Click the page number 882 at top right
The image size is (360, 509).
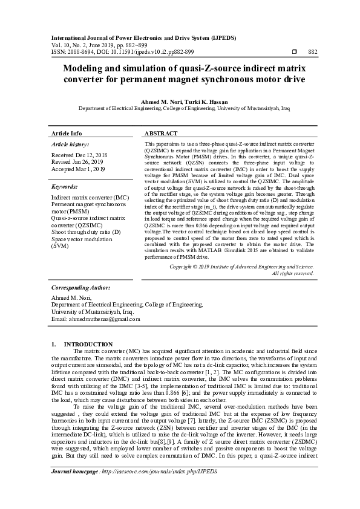[x=313, y=53]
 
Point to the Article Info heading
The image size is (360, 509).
[x=67, y=133]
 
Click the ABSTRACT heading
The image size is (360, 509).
[x=161, y=133]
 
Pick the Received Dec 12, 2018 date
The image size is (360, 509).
[x=80, y=155]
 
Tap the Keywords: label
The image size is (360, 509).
[x=65, y=187]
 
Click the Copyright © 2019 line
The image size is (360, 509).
[x=241, y=266]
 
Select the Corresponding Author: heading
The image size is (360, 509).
[x=80, y=288]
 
